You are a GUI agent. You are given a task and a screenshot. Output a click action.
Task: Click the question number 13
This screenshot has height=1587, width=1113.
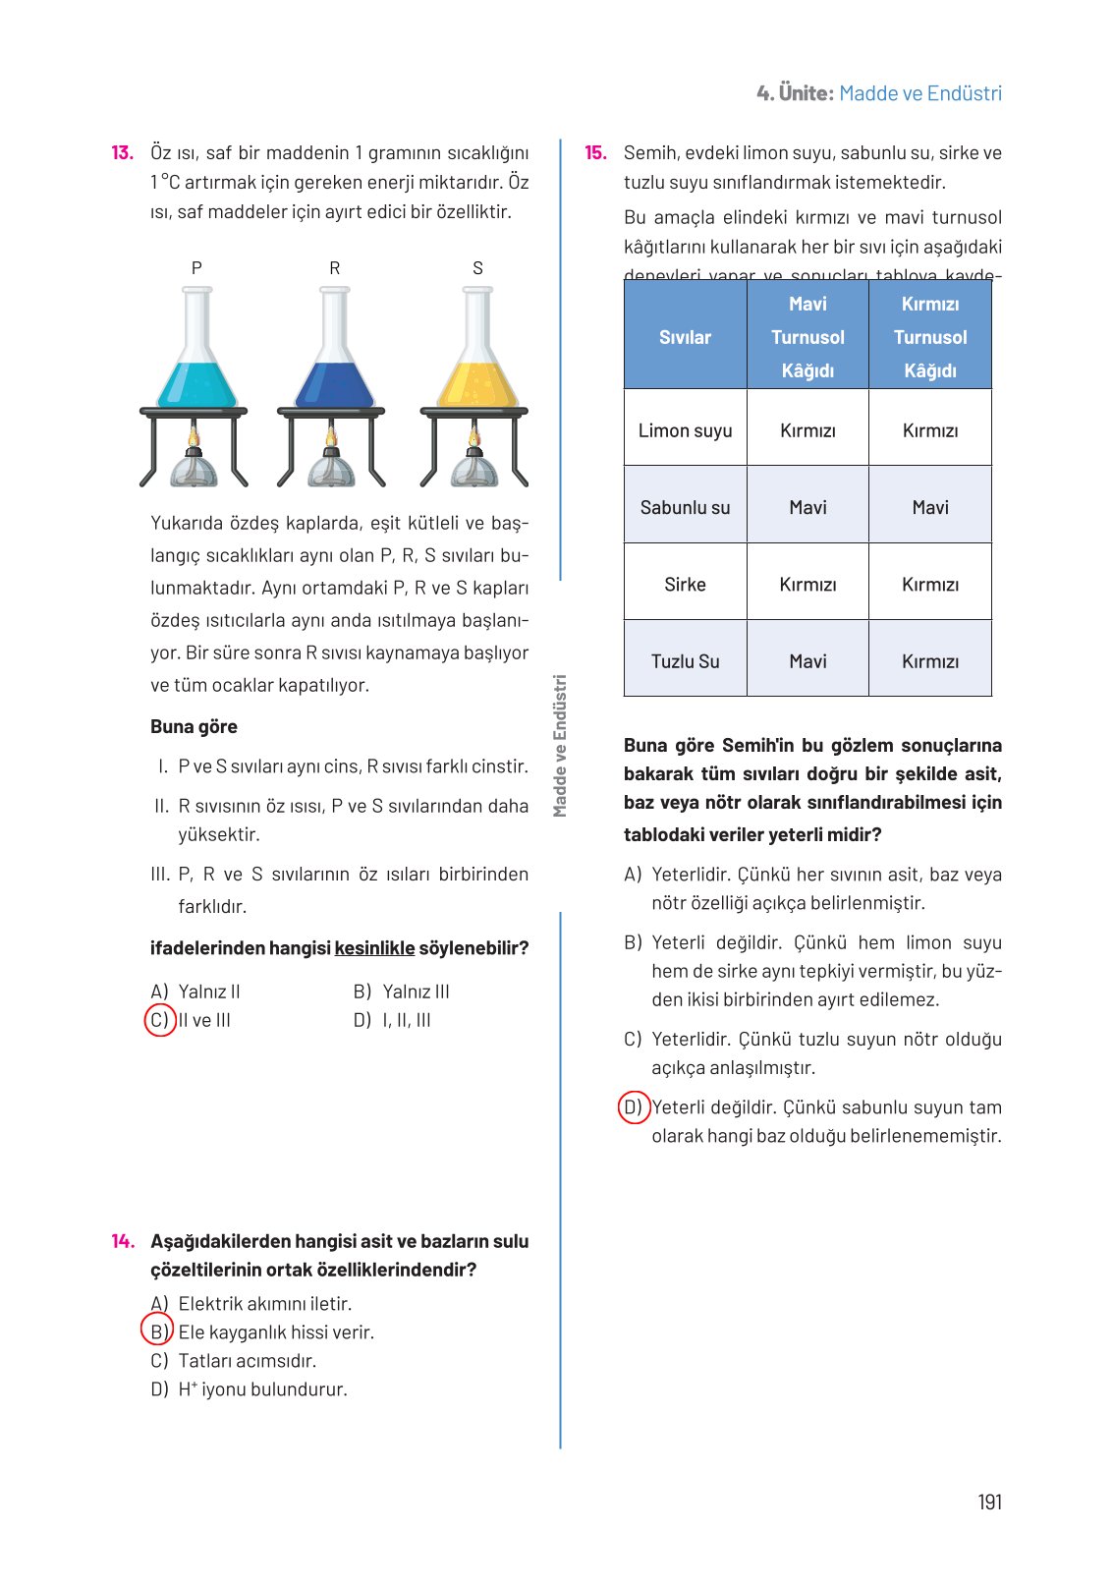point(122,153)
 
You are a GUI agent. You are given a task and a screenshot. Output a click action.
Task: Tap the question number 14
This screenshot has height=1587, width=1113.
point(122,1241)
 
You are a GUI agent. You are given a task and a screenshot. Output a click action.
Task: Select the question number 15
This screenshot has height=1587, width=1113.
point(595,153)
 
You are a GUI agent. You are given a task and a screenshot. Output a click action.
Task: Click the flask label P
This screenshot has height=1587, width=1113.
point(196,268)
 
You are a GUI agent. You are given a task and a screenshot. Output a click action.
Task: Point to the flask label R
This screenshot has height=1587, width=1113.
point(335,268)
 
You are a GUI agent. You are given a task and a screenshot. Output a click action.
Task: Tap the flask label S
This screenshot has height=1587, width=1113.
point(477,268)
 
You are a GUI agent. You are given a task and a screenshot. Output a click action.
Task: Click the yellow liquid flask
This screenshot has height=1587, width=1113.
point(477,354)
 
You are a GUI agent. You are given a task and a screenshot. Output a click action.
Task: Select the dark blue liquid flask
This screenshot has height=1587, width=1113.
point(335,354)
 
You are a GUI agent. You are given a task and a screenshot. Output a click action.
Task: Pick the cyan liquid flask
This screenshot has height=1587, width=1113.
point(197,354)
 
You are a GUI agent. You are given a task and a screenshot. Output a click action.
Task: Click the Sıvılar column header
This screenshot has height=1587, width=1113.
point(685,337)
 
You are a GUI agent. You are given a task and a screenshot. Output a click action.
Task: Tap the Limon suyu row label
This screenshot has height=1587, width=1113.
point(685,430)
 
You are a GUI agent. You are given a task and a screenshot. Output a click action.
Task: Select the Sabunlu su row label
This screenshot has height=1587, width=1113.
point(685,507)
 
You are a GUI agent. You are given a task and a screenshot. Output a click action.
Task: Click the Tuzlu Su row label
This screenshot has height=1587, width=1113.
point(685,661)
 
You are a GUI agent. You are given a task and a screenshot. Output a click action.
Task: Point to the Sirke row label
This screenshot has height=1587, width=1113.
point(685,584)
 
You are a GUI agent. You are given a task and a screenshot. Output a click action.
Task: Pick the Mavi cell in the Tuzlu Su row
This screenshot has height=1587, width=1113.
point(807,661)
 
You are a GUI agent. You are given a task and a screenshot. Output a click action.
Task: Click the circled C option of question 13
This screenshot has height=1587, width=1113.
point(159,1020)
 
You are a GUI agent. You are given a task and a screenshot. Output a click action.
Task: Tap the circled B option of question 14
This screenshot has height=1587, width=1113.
point(157,1332)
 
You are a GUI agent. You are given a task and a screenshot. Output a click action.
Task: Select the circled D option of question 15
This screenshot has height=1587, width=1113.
point(634,1107)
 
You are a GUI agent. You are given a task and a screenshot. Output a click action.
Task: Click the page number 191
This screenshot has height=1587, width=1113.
point(989,1502)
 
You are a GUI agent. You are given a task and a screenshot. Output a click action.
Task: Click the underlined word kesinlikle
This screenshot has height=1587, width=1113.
point(374,948)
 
